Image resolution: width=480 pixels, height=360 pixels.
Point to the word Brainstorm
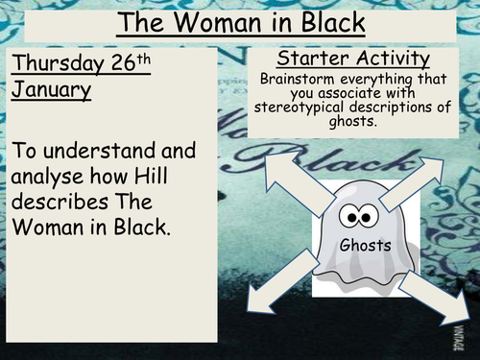coord(296,76)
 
